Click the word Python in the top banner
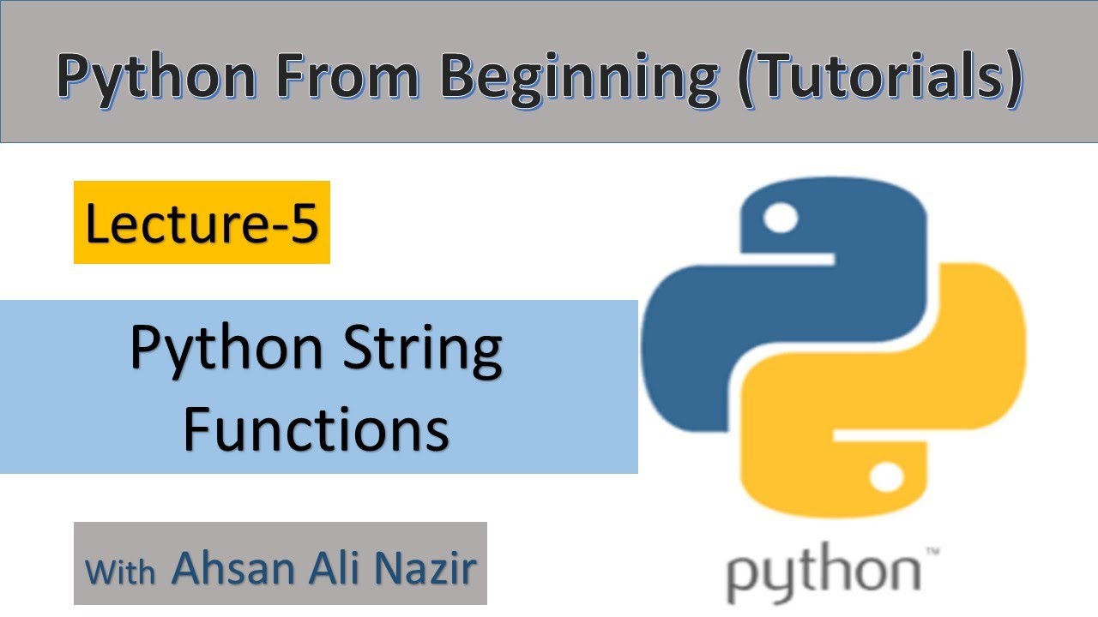coord(156,77)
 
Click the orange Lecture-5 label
coord(202,222)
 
